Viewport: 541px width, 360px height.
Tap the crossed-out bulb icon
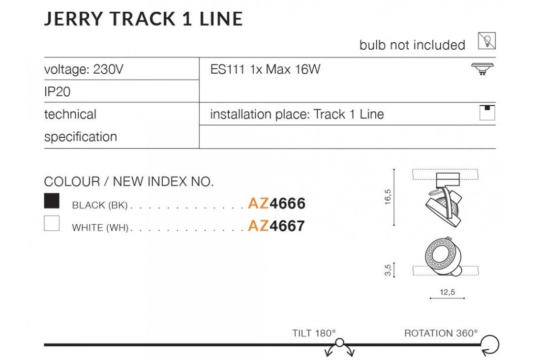click(x=487, y=41)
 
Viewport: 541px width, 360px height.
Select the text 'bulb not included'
click(x=412, y=45)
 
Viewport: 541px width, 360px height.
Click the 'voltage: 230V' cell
click(x=84, y=69)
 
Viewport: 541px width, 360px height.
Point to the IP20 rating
click(x=57, y=92)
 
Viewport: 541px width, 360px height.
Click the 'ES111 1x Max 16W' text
click(x=265, y=69)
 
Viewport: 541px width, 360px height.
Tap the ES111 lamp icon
click(x=482, y=69)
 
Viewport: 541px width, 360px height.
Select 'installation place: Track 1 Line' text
click(x=297, y=114)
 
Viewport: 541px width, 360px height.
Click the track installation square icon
click(x=487, y=113)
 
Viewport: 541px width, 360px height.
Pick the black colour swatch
click(x=52, y=201)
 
